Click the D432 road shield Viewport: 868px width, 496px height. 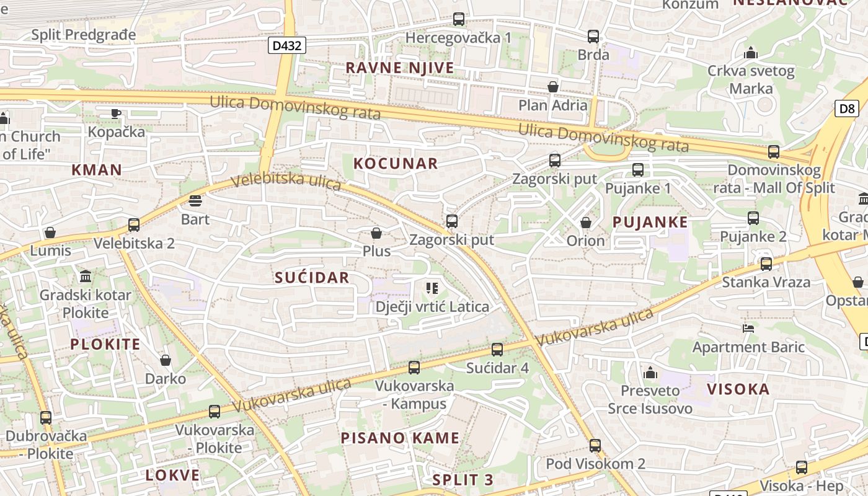pyautogui.click(x=287, y=45)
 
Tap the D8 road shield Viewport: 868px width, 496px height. pyautogui.click(x=847, y=108)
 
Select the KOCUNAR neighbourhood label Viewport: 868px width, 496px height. pyautogui.click(x=396, y=164)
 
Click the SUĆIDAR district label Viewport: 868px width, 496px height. pyautogui.click(x=312, y=278)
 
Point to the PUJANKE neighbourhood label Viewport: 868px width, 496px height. pyautogui.click(x=650, y=222)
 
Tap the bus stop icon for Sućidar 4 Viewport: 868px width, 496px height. pyautogui.click(x=497, y=349)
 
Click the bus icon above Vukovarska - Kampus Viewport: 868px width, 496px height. pyautogui.click(x=414, y=368)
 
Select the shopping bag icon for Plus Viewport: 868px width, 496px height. pyautogui.click(x=376, y=233)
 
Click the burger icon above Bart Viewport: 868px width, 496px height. pyautogui.click(x=195, y=201)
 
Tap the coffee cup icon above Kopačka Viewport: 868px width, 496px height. pyautogui.click(x=115, y=113)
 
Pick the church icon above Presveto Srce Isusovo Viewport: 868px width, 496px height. pyautogui.click(x=650, y=373)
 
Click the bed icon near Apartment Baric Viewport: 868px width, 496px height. pyautogui.click(x=748, y=328)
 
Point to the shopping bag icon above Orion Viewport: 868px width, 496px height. pyautogui.click(x=585, y=222)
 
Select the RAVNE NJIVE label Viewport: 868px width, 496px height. pyautogui.click(x=400, y=68)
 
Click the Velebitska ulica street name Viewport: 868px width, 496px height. pyautogui.click(x=286, y=181)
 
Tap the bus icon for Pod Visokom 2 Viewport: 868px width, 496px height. pyautogui.click(x=595, y=445)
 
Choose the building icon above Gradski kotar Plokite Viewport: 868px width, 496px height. pyautogui.click(x=86, y=276)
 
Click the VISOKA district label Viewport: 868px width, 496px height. pyautogui.click(x=738, y=389)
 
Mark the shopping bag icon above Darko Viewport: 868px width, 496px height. pyautogui.click(x=166, y=360)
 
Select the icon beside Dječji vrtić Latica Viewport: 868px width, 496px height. pyautogui.click(x=432, y=288)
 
